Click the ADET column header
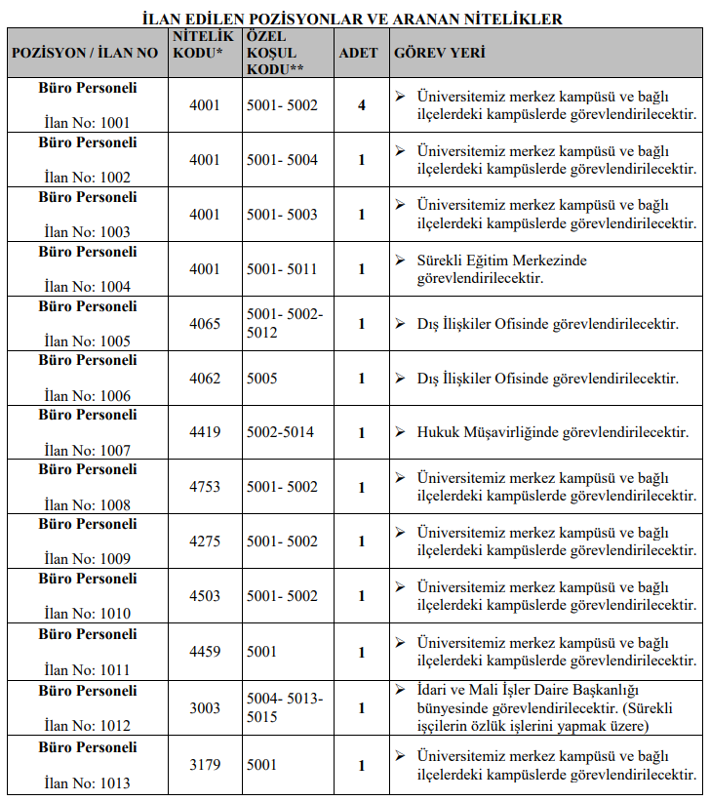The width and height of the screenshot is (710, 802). (358, 53)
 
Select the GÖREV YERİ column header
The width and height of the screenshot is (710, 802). (439, 53)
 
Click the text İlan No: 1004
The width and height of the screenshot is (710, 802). (87, 287)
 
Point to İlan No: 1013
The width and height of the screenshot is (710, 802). (87, 782)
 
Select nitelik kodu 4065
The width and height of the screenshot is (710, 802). (205, 324)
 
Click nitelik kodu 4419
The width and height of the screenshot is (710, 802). (205, 432)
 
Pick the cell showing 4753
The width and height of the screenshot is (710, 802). (205, 487)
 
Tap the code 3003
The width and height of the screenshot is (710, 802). (205, 708)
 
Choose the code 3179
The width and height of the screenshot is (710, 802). (205, 766)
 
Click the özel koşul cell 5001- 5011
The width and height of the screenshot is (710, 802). (282, 269)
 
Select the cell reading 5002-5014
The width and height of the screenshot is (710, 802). (281, 432)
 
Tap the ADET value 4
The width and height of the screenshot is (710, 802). (362, 105)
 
